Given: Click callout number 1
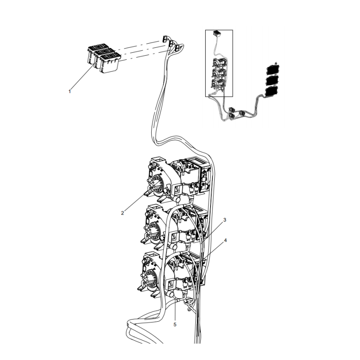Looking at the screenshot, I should point(70,91).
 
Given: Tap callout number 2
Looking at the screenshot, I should point(122,213).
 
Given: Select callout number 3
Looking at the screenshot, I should point(225,220).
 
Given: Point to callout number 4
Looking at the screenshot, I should point(225,240).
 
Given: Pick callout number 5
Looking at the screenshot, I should point(175,324).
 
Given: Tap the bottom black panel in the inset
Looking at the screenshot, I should point(271,91).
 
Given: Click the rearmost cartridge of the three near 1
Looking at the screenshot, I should point(95,50).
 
